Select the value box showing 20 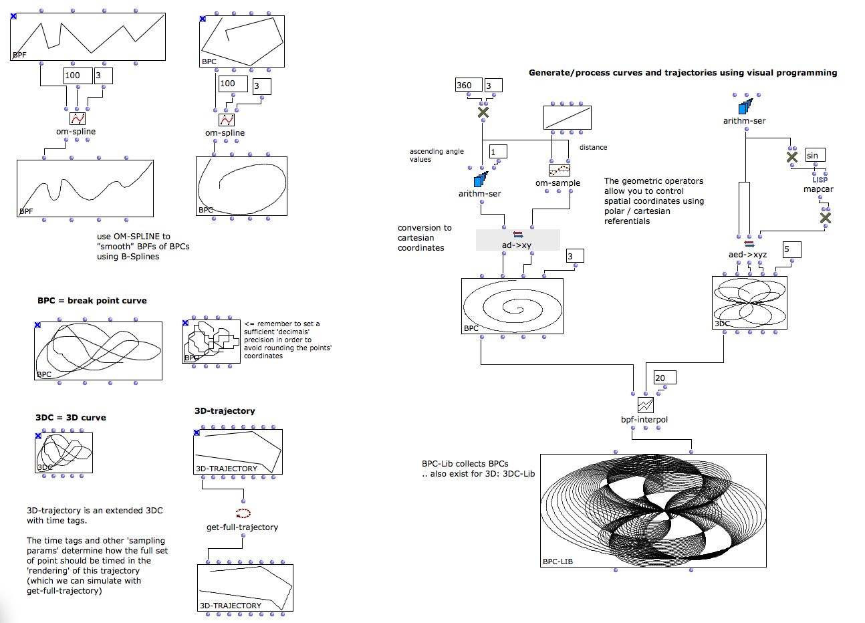(x=664, y=378)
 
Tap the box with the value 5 (x=791, y=249)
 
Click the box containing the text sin (x=815, y=155)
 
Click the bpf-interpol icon (x=645, y=405)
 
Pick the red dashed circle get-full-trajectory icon (x=243, y=513)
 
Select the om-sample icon (x=559, y=170)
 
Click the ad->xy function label (x=517, y=245)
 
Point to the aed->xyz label (x=747, y=255)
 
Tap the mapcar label (x=818, y=189)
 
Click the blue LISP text (x=820, y=180)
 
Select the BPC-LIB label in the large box (x=558, y=562)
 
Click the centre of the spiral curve (x=513, y=308)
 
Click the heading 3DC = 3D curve (x=71, y=418)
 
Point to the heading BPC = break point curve (x=92, y=301)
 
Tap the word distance (x=593, y=148)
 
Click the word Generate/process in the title (x=562, y=73)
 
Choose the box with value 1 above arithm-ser (x=497, y=152)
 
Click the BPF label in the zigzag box (x=20, y=55)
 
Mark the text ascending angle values (x=437, y=155)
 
